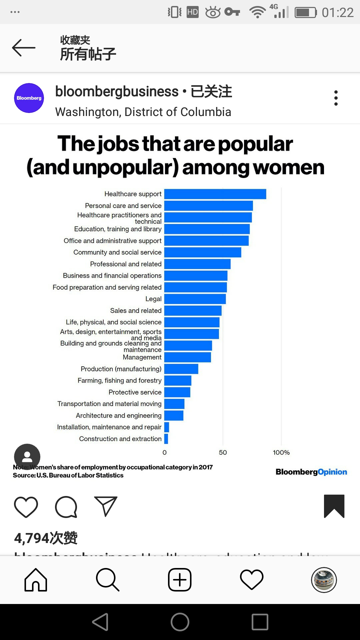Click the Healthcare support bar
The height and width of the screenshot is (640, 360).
point(215,194)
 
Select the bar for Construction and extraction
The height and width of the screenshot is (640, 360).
point(166,439)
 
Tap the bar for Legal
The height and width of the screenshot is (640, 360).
point(195,299)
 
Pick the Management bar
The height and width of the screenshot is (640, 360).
point(188,357)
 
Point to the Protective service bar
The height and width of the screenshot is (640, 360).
point(177,392)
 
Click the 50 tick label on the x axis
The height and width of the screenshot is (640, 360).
point(223,452)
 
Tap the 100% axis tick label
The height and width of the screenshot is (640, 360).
point(281,452)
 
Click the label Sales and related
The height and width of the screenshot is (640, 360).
point(136,311)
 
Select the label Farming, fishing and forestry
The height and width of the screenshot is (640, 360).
point(119,381)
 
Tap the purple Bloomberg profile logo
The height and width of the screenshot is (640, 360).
point(29,98)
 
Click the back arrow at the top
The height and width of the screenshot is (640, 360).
point(24,48)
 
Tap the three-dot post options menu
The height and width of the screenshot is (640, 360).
point(336,98)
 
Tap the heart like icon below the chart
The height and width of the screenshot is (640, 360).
point(26,507)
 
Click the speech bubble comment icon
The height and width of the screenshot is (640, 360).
point(66,507)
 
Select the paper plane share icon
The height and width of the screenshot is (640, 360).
point(106,506)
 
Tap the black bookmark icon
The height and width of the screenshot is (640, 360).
point(334,506)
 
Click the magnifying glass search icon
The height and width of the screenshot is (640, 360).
point(107,580)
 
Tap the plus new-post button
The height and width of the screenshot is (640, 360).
point(180,580)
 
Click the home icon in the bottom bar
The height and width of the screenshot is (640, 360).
point(36,580)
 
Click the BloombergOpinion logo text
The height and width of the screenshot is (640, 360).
point(311,472)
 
